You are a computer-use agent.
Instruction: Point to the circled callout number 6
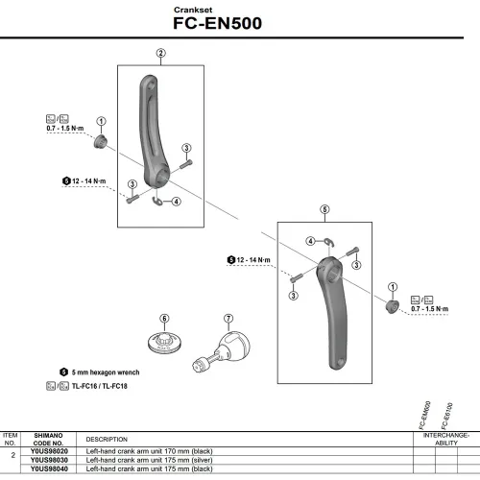(x=164, y=318)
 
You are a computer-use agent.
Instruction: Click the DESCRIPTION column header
(x=108, y=439)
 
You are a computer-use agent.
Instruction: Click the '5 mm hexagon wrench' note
(x=105, y=371)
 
